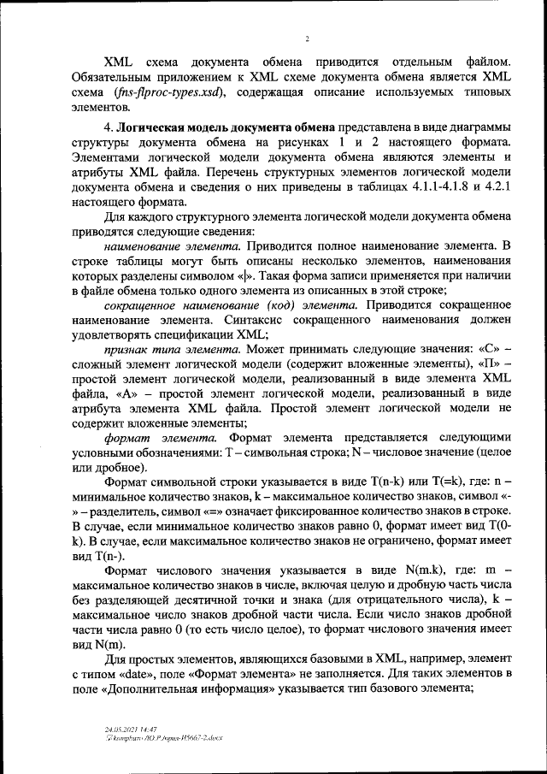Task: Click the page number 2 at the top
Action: click(307, 38)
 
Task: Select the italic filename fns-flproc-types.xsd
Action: click(178, 92)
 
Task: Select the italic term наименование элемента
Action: click(159, 246)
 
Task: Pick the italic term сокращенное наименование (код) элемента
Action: click(230, 305)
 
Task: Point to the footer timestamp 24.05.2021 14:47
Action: click(130, 728)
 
